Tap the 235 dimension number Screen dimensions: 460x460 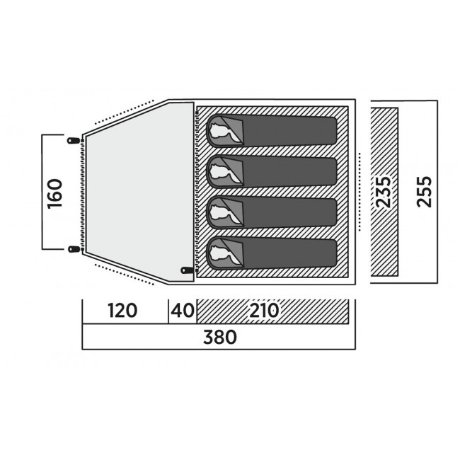point(384,192)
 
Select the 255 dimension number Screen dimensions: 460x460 point(423,192)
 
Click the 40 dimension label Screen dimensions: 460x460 point(182,311)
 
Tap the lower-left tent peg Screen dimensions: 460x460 point(72,248)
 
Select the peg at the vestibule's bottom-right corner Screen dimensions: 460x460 point(186,270)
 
